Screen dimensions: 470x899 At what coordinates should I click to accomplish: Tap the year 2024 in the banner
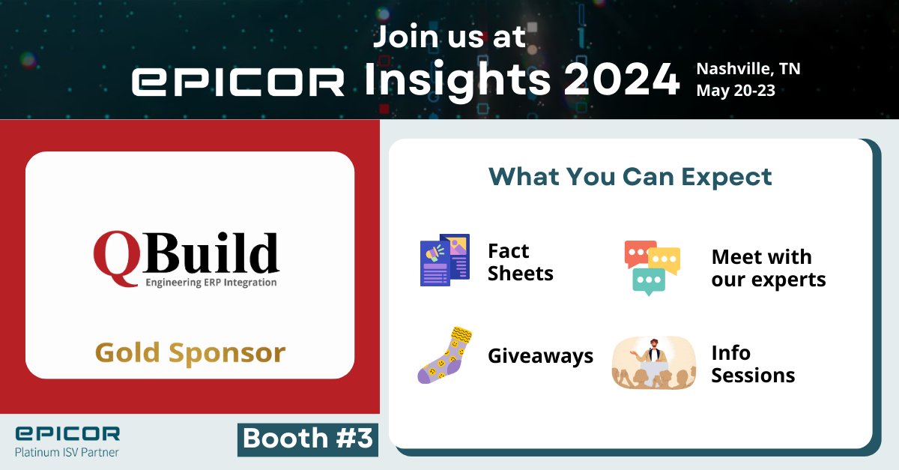click(622, 80)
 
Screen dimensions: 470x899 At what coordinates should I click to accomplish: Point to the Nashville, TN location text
click(748, 69)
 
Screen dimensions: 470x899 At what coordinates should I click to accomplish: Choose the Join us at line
click(449, 37)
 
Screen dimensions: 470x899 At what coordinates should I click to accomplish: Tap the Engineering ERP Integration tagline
click(211, 283)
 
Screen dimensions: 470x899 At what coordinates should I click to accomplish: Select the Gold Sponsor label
click(190, 352)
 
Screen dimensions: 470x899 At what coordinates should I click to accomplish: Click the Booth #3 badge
click(308, 439)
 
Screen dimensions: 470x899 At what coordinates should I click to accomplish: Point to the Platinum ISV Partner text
click(67, 451)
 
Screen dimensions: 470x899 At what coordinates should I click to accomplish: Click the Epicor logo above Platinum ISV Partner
click(67, 434)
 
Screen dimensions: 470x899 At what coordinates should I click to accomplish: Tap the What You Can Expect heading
click(630, 177)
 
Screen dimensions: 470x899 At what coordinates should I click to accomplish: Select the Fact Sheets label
click(520, 262)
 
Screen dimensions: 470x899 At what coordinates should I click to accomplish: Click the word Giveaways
click(540, 355)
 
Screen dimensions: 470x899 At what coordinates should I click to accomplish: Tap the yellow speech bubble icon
click(664, 260)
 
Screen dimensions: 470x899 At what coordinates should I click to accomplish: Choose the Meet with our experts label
click(768, 268)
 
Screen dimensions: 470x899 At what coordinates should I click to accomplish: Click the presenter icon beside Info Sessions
click(653, 362)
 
